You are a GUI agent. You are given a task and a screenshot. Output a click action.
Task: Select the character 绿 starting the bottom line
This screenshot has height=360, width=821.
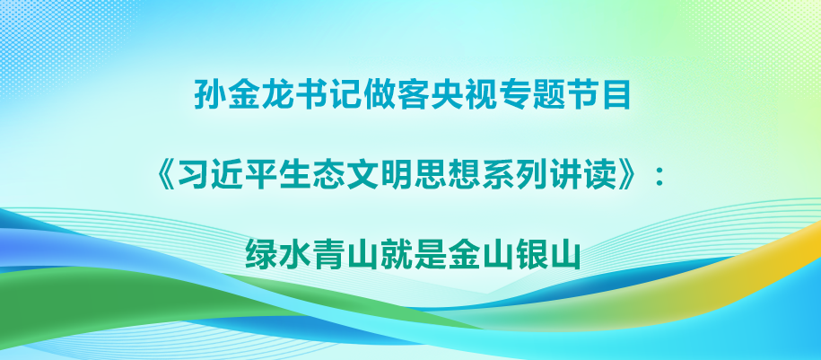click(261, 254)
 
